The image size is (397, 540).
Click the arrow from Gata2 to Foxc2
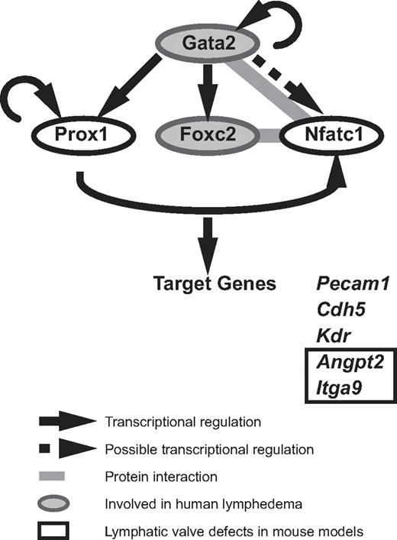click(x=202, y=91)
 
